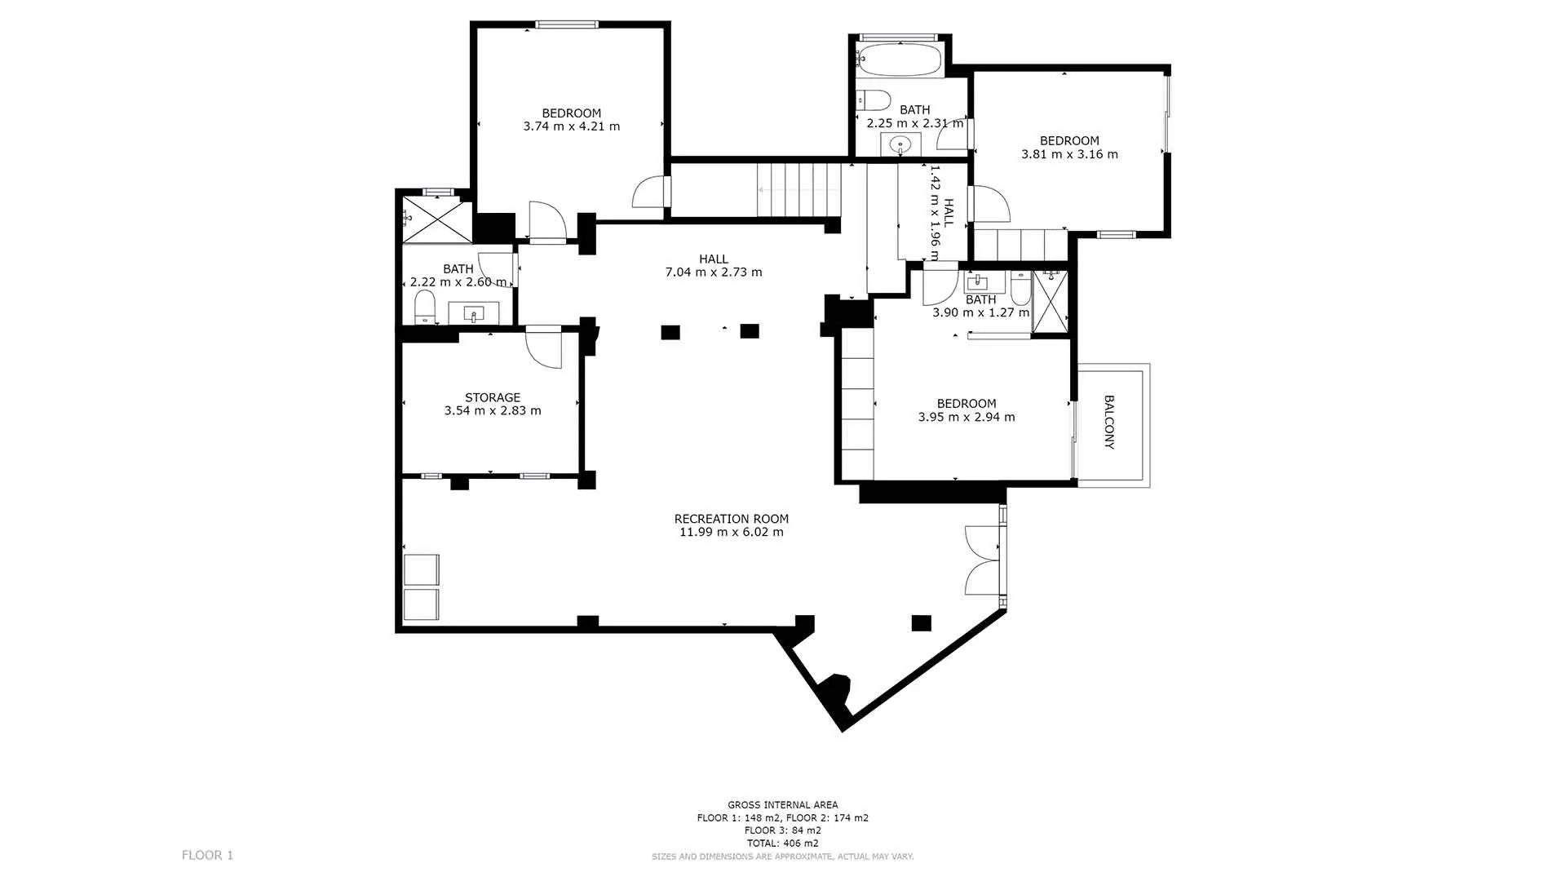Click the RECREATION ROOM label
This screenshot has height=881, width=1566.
(732, 519)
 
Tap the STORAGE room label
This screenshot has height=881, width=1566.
(493, 398)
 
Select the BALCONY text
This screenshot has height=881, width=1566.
(1109, 423)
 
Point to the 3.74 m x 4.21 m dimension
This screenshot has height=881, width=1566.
(572, 126)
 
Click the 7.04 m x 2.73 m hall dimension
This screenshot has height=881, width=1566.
(714, 272)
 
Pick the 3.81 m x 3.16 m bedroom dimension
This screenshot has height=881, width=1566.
(1069, 154)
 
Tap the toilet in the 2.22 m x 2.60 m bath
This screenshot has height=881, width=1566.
(425, 307)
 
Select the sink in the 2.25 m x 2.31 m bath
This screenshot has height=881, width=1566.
(901, 145)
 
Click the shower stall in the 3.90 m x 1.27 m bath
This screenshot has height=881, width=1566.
(1050, 302)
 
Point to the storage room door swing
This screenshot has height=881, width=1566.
(544, 348)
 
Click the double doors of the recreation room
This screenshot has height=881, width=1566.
(983, 560)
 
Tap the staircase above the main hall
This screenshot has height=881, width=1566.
(799, 189)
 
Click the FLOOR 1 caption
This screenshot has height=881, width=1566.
(207, 856)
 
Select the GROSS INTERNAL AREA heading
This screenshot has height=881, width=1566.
(783, 805)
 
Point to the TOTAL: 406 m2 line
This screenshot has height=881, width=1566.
(783, 843)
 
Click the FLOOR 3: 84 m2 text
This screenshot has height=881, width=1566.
(783, 830)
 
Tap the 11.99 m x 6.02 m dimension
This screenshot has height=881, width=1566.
(732, 533)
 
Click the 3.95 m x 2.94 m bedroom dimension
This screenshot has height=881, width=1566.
(967, 418)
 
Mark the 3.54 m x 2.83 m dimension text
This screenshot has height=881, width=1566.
(493, 411)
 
